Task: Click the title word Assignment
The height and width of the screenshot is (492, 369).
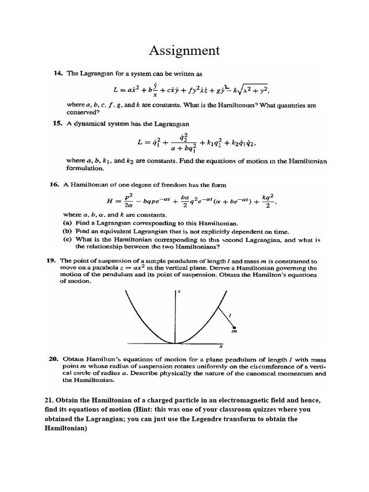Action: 184,50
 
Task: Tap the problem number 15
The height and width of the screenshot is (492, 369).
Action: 58,123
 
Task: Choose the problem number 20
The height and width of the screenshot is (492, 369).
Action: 54,359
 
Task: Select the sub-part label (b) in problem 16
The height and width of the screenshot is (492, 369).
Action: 67,232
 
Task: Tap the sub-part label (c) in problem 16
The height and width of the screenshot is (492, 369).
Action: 67,239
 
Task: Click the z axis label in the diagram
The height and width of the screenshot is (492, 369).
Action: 179,292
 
